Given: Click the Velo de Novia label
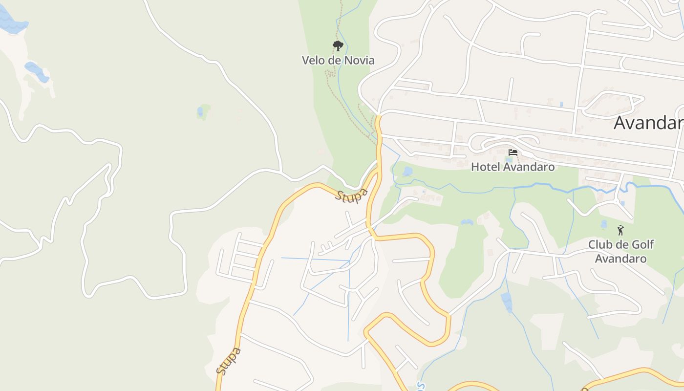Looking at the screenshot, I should [338, 60].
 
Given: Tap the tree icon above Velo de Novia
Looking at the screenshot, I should [338, 46].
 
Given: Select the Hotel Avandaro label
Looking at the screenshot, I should [513, 167].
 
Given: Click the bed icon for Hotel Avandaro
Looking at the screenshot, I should [513, 152].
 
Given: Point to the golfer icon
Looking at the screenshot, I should [620, 230].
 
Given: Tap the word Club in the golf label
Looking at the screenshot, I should [600, 245].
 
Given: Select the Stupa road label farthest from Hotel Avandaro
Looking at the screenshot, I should [229, 361].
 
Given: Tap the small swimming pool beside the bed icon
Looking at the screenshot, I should [510, 160].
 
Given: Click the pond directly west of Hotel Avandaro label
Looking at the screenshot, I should [407, 172].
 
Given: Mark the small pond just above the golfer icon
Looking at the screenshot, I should [604, 223].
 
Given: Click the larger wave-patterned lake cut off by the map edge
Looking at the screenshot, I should [12, 22].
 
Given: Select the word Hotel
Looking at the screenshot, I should [485, 167].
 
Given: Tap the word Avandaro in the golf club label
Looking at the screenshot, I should [620, 259].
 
